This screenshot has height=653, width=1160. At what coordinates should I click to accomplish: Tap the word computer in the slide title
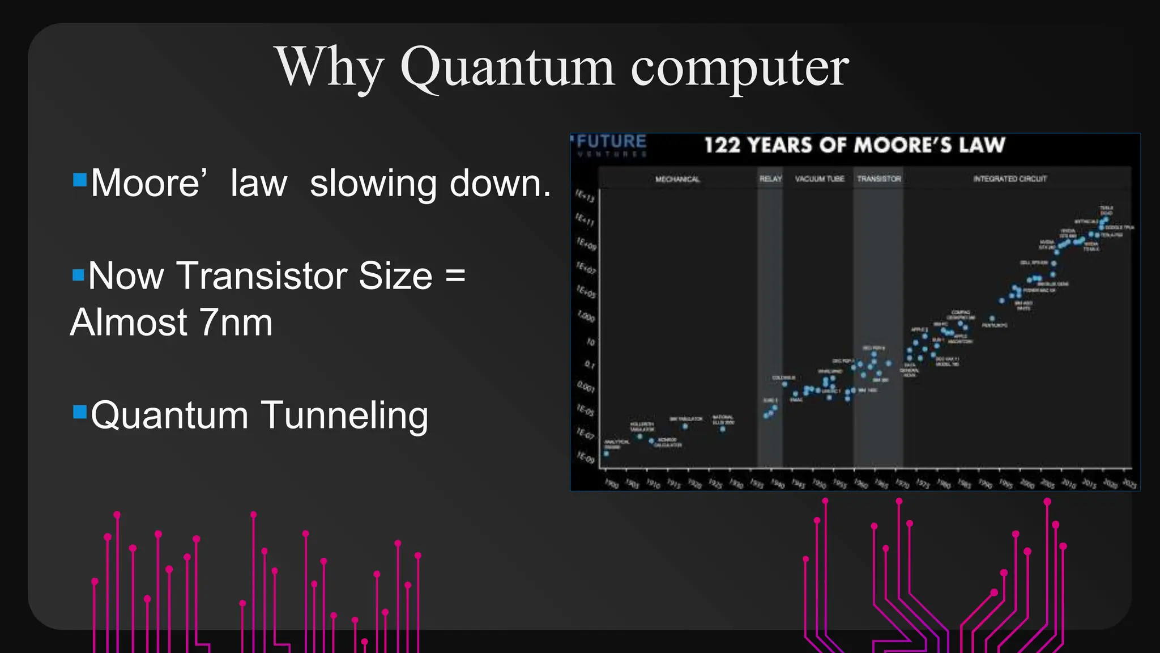click(x=739, y=68)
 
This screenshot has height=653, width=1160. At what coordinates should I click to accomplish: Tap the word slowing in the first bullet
click(x=373, y=184)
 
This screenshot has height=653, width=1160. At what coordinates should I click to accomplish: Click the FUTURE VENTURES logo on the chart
click(x=611, y=145)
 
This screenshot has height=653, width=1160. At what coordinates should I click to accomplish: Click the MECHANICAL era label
click(x=677, y=179)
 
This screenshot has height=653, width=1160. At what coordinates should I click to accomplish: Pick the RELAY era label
click(x=770, y=179)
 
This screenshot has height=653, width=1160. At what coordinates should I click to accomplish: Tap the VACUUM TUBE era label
click(x=819, y=179)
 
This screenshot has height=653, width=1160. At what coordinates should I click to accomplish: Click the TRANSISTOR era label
click(x=878, y=179)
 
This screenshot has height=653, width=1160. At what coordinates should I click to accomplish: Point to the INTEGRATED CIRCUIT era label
click(x=1010, y=179)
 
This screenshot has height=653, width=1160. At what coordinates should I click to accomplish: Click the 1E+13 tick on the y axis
click(x=585, y=196)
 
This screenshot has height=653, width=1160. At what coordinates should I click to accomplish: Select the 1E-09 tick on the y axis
click(x=585, y=457)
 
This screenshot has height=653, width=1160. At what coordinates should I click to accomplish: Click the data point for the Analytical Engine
click(x=607, y=453)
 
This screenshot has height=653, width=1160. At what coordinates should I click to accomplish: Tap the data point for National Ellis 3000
click(x=722, y=429)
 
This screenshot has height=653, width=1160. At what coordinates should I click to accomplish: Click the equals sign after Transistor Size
click(x=455, y=276)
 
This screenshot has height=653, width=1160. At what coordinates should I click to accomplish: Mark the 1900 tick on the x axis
click(x=611, y=484)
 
